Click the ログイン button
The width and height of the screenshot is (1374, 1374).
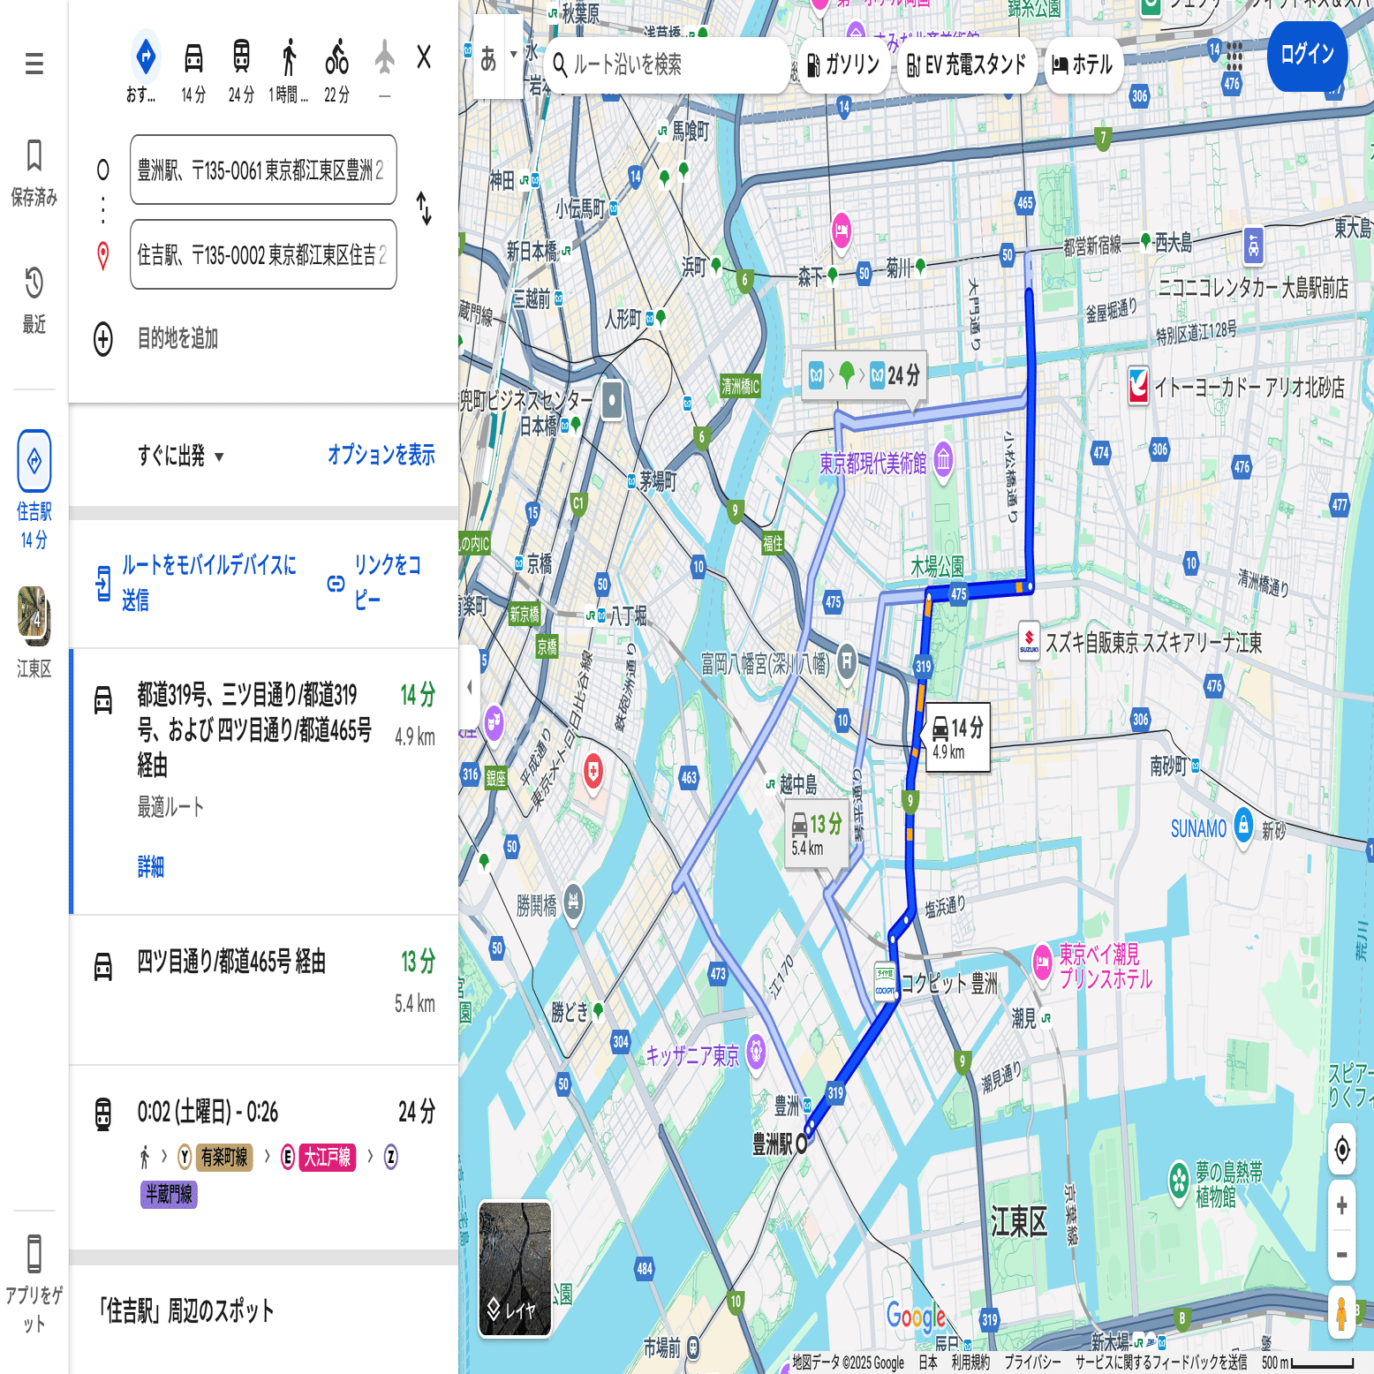click(1307, 55)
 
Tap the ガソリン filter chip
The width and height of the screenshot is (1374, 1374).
click(843, 64)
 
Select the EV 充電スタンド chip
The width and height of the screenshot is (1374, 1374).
click(967, 64)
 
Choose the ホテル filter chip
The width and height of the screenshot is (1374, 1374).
click(1083, 64)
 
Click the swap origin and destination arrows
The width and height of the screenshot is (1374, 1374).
click(425, 208)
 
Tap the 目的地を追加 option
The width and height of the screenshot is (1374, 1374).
click(177, 338)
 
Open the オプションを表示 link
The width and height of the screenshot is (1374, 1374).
click(381, 455)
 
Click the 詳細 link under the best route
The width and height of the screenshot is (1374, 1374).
click(151, 866)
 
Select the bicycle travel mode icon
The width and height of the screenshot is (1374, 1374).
click(336, 58)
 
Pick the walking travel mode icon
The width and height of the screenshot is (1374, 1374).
click(289, 58)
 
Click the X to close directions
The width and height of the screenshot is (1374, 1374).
click(424, 57)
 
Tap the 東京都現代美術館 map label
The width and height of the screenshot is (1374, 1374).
click(872, 463)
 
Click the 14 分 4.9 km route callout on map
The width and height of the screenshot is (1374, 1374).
click(956, 736)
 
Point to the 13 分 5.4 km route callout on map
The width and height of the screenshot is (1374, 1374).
click(817, 834)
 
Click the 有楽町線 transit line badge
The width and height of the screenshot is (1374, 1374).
click(223, 1157)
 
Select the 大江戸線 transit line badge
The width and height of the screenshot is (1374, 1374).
click(327, 1157)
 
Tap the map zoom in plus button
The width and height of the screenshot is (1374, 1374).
click(1341, 1205)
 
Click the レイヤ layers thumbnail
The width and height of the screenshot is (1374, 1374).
click(515, 1269)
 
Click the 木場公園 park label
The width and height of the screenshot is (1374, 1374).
click(937, 566)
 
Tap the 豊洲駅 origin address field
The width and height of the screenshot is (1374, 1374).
click(262, 170)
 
